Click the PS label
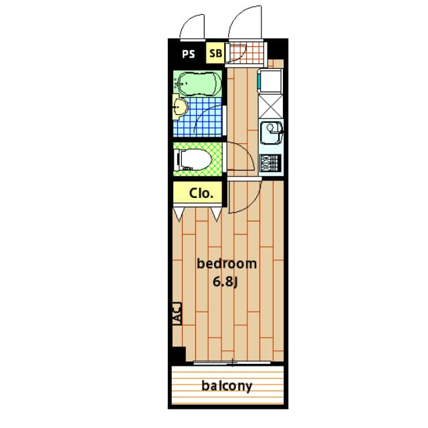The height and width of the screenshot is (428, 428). pyautogui.click(x=189, y=54)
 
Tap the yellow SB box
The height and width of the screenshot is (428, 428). pyautogui.click(x=215, y=53)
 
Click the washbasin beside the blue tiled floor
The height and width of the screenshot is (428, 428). pyautogui.click(x=180, y=107)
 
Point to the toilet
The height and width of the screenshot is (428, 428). pyautogui.click(x=195, y=160)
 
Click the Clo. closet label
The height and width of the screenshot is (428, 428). pyautogui.click(x=201, y=193)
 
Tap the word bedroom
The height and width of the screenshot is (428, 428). pyautogui.click(x=227, y=263)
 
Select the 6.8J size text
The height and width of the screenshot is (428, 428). pyautogui.click(x=225, y=282)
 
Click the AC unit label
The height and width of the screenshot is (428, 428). pyautogui.click(x=177, y=314)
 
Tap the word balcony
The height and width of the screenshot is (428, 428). pyautogui.click(x=227, y=386)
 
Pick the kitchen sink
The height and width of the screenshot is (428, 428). pyautogui.click(x=271, y=133)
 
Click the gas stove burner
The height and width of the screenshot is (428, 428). pyautogui.click(x=270, y=163)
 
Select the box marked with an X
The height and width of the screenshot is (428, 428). pyautogui.click(x=271, y=106)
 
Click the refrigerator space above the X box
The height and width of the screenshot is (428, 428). pyautogui.click(x=271, y=81)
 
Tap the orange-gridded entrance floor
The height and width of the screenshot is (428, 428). pyautogui.click(x=247, y=53)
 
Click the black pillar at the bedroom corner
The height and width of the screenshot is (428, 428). pyautogui.click(x=177, y=355)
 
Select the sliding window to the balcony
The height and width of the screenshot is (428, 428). pyautogui.click(x=232, y=362)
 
